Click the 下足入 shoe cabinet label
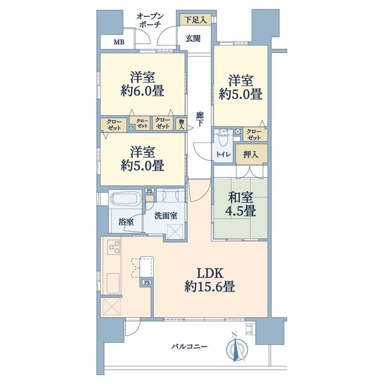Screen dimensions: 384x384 tap(195, 20)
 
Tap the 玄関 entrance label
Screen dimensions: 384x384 tap(193, 38)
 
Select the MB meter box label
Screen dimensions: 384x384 tap(119, 42)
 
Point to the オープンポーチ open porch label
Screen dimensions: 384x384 tap(149, 20)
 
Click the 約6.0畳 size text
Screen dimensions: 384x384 tap(142, 91)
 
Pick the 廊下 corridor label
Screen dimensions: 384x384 tap(200, 119)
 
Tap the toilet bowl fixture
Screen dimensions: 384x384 tap(223, 139)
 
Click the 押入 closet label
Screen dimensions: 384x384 tap(251, 154)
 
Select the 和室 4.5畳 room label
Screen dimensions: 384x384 tap(241, 204)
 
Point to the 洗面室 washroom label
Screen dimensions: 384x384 tap(166, 216)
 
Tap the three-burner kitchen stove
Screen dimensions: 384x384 tap(114, 247)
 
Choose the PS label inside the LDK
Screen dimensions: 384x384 tap(147, 283)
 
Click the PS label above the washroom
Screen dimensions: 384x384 tap(149, 190)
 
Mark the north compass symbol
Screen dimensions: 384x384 tap(237, 348)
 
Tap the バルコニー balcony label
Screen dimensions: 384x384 tap(189, 346)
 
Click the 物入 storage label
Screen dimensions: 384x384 tap(182, 124)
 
